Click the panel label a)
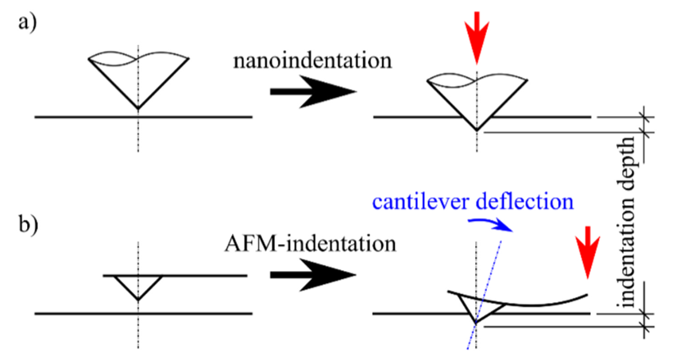click(29, 21)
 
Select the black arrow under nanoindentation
click(311, 92)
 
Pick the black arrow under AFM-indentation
click(311, 275)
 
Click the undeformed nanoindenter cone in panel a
click(138, 79)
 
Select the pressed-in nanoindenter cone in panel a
click(476, 99)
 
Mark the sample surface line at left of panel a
click(71, 117)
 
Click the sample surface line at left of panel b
click(71, 313)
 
